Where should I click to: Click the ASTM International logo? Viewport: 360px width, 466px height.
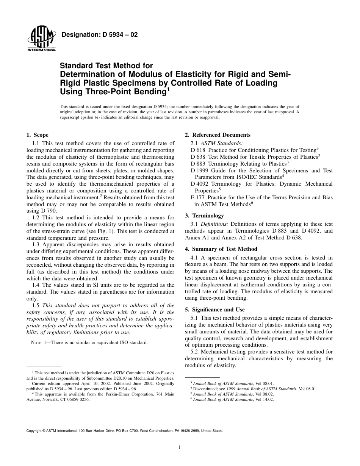(x=41, y=40)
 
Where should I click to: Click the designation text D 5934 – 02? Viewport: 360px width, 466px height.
(x=100, y=35)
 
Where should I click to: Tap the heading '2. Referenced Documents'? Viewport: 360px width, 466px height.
(x=218, y=135)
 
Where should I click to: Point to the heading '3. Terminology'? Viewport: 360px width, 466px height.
(x=203, y=216)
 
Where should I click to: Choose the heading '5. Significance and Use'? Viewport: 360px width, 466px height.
(x=215, y=310)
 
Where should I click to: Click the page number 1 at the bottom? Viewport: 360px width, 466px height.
(x=180, y=447)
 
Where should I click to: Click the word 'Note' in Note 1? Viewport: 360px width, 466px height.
(x=36, y=342)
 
